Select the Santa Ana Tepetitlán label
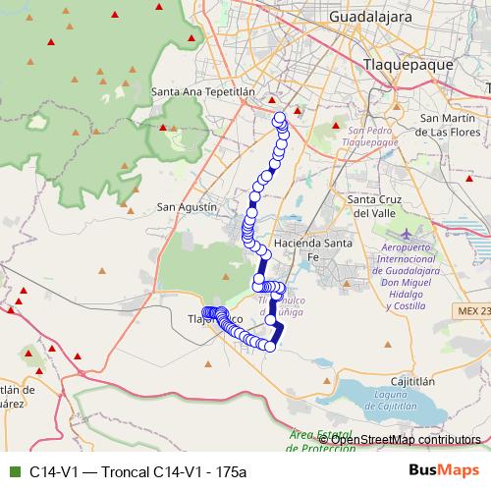204,91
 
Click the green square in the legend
13,470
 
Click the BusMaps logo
443,470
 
